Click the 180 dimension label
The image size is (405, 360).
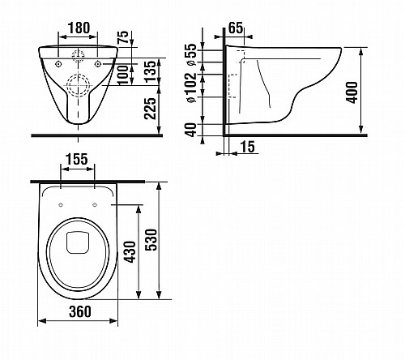pyautogui.click(x=79, y=28)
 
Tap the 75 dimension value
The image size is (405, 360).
pyautogui.click(x=123, y=37)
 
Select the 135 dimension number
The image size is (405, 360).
pyautogui.click(x=150, y=71)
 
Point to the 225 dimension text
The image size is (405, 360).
pyautogui.click(x=150, y=108)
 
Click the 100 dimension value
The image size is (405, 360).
pyautogui.click(x=123, y=75)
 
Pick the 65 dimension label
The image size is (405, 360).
pyautogui.click(x=236, y=28)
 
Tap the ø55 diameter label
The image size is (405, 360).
pyautogui.click(x=191, y=54)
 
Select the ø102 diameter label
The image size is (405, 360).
pyautogui.click(x=191, y=88)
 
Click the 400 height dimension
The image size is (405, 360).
pyautogui.click(x=352, y=92)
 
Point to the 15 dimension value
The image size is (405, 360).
pyautogui.click(x=247, y=147)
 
